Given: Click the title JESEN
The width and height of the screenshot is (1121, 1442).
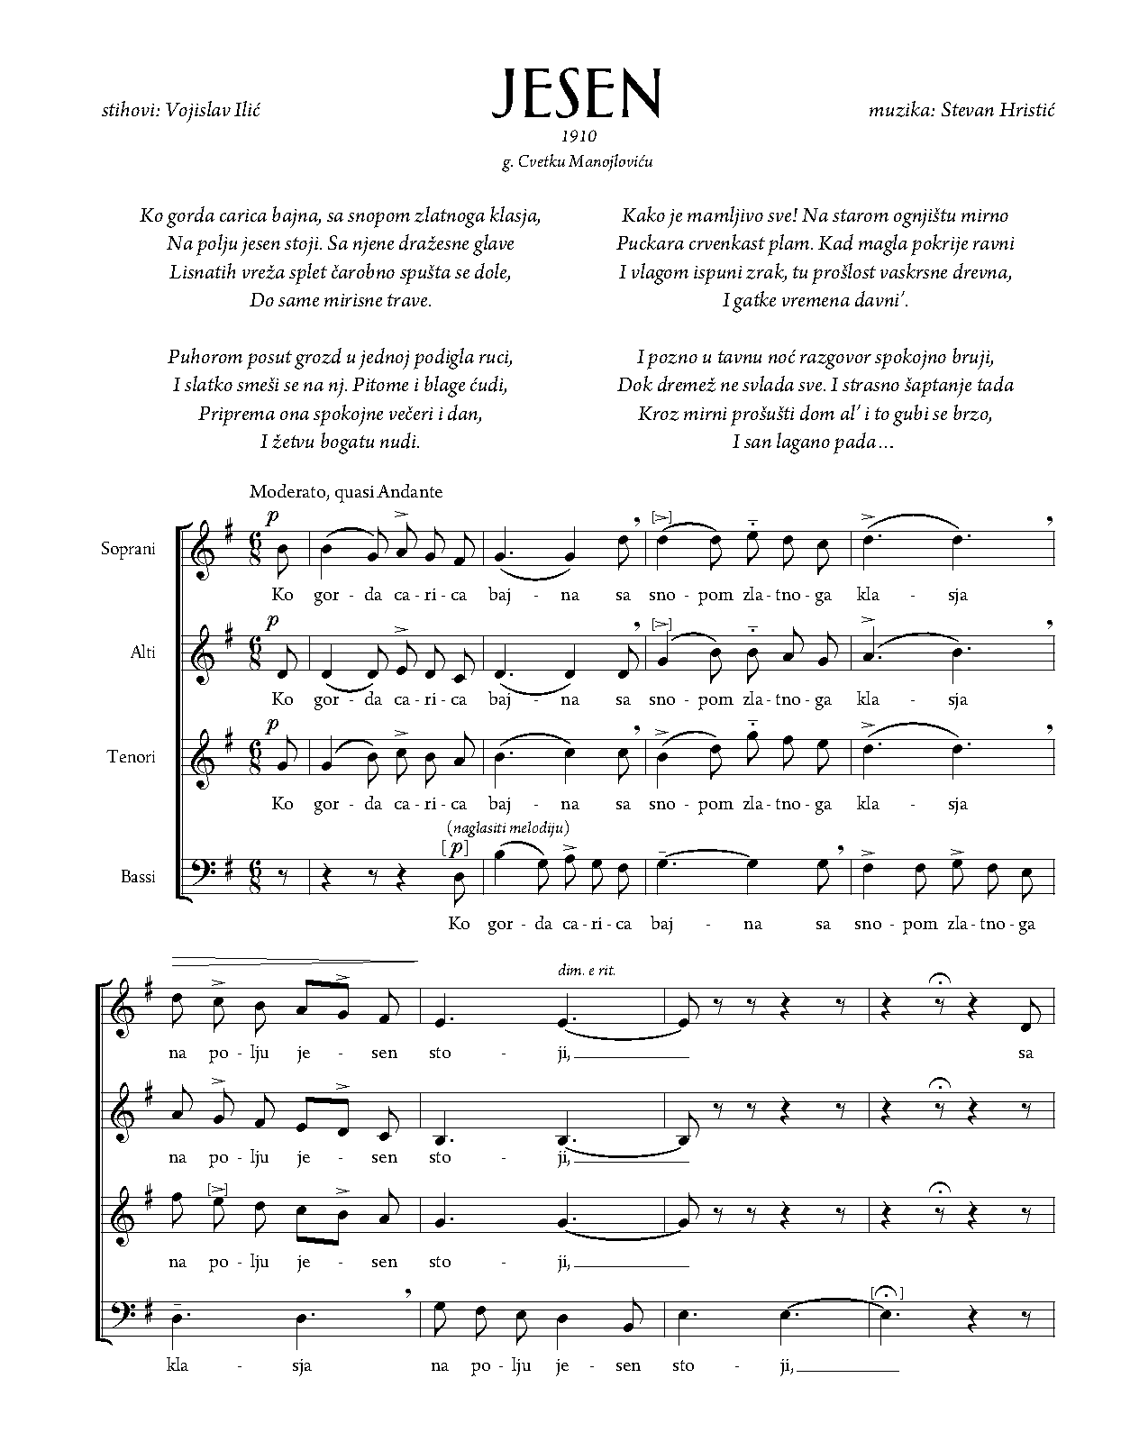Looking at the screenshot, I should pos(577,93).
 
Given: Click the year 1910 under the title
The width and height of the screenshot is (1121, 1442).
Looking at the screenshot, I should pos(578,137).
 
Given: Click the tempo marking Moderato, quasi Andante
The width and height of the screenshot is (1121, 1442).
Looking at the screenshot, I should pos(346,492).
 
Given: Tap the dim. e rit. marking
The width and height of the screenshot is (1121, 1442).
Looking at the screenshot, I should pos(587,972).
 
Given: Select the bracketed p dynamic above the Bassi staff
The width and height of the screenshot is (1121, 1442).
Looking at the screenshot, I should pos(457,847).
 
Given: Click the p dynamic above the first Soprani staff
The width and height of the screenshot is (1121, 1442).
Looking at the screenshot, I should pos(272,516).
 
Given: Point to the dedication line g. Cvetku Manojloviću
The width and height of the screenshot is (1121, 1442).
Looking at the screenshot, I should pos(577,163).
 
